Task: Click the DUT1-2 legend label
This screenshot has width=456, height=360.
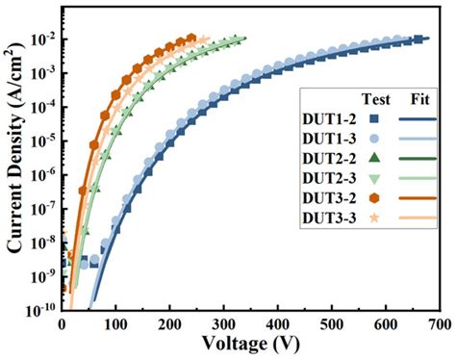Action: click(x=331, y=120)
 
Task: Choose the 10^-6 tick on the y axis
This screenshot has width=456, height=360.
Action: click(x=44, y=174)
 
